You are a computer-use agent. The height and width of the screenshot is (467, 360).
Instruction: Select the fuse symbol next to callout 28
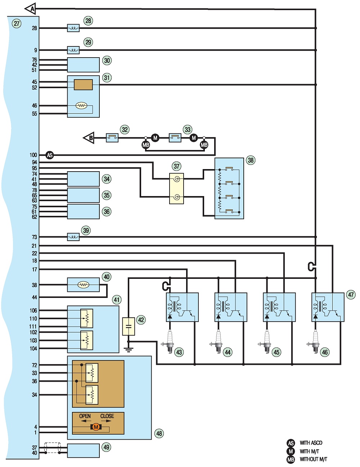[73, 28]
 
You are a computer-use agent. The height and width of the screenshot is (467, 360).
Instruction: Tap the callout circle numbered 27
[17, 23]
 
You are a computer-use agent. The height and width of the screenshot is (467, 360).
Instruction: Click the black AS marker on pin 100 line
[50, 155]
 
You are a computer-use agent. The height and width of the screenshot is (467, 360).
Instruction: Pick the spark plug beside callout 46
[315, 341]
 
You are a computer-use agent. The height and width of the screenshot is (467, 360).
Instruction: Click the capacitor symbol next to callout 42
[129, 326]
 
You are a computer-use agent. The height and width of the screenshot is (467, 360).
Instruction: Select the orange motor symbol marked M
[96, 427]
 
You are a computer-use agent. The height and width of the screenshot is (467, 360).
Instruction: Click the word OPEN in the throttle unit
[85, 416]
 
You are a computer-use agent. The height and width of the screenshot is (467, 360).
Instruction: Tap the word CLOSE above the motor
[107, 416]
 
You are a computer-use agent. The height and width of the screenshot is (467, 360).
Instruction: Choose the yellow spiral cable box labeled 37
[176, 189]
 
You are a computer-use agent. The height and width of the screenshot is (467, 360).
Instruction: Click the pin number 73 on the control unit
[35, 237]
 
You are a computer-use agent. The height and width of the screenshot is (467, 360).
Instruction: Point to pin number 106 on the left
[33, 310]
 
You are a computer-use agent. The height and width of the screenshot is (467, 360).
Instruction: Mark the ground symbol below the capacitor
[129, 350]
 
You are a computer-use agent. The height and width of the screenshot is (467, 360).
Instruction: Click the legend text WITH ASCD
[311, 443]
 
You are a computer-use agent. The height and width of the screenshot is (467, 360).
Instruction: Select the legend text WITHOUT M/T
[313, 459]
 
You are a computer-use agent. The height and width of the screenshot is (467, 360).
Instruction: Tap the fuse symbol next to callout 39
[73, 237]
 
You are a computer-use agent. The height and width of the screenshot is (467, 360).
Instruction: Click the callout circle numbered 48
[159, 434]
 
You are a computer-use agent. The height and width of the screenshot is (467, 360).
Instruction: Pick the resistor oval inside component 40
[83, 285]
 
